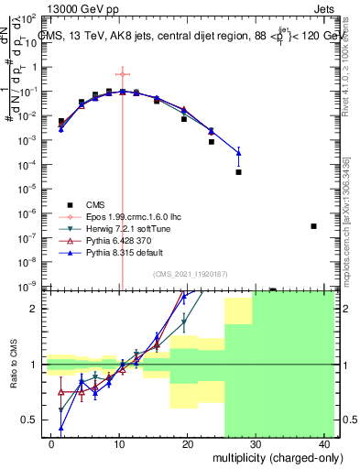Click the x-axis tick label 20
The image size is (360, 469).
pyautogui.click(x=187, y=444)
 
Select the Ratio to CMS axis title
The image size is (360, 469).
pyautogui.click(x=13, y=364)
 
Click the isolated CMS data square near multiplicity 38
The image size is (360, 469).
pyautogui.click(x=313, y=225)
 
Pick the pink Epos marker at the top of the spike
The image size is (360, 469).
pyautogui.click(x=121, y=74)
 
